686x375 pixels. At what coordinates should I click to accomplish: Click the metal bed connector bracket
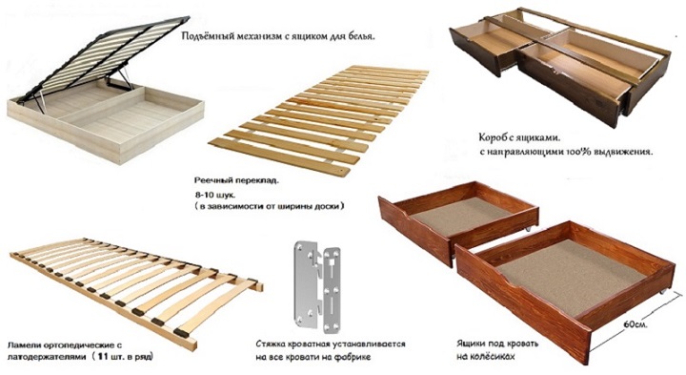click(317, 286)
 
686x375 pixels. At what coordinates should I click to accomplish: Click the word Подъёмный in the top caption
click(204, 36)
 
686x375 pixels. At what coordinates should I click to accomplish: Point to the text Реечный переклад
click(236, 180)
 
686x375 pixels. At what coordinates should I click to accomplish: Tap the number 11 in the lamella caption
click(103, 356)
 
